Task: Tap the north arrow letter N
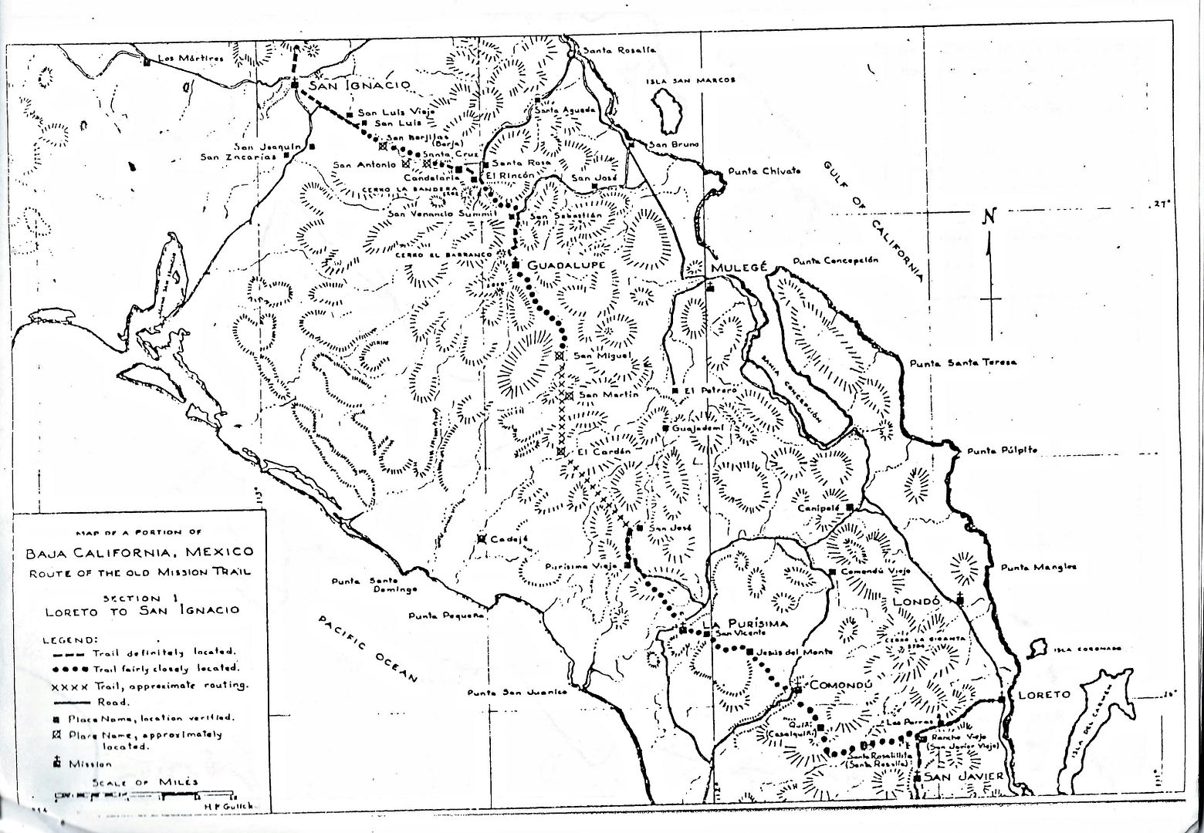tap(989, 217)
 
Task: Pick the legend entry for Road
tap(109, 702)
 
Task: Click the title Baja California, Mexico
tap(139, 552)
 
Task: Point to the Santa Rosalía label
tap(618, 50)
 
